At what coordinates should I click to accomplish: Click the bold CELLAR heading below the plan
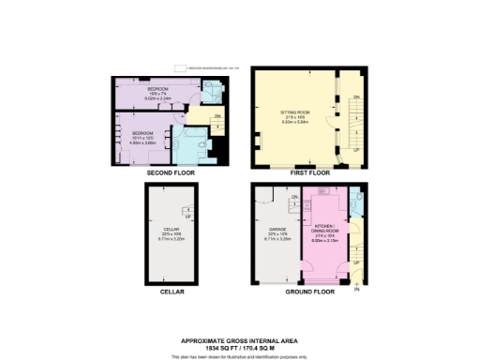(x=172, y=292)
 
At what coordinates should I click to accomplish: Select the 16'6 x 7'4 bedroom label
(x=157, y=91)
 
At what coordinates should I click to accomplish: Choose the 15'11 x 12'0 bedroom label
(x=142, y=136)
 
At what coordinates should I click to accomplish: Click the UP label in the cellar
(x=188, y=217)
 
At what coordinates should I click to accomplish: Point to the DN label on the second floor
(x=217, y=116)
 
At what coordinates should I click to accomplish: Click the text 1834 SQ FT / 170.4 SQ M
(x=240, y=347)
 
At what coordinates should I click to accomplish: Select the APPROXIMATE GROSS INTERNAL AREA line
(x=240, y=340)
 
